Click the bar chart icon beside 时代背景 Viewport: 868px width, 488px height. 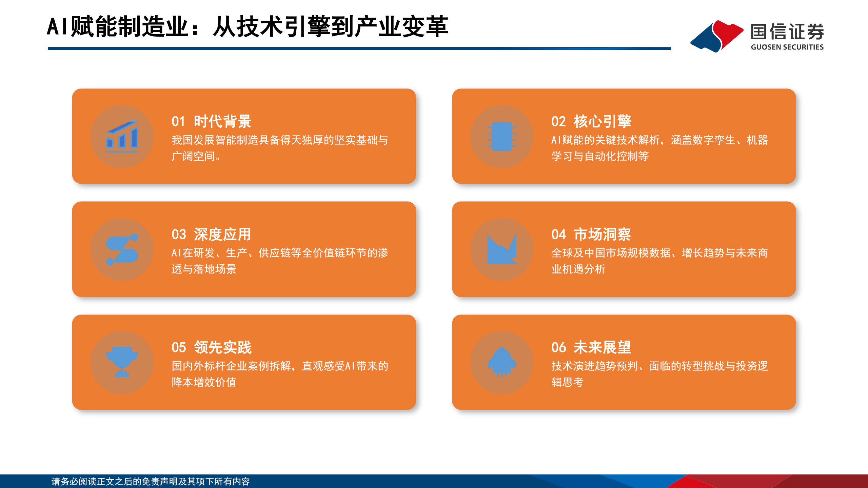click(x=122, y=137)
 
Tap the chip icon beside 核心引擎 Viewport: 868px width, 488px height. click(x=502, y=137)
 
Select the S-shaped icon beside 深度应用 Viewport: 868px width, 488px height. click(x=122, y=249)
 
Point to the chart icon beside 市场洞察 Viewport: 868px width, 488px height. click(x=502, y=249)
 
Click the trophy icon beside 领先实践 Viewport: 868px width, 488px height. click(x=122, y=362)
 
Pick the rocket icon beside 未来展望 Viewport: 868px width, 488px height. click(x=502, y=362)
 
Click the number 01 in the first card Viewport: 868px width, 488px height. click(x=178, y=121)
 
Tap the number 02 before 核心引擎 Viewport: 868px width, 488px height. click(x=558, y=121)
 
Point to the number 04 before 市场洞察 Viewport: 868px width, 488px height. click(x=558, y=235)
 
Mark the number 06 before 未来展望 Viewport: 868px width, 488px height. click(x=558, y=347)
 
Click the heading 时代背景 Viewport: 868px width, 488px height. click(x=222, y=121)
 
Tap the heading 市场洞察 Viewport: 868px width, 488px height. click(x=602, y=235)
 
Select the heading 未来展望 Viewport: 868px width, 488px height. click(x=602, y=347)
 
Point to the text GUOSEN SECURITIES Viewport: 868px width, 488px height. click(x=787, y=47)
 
